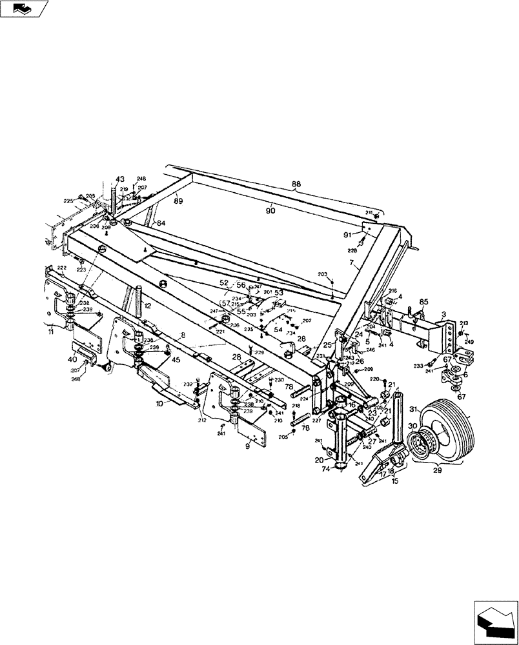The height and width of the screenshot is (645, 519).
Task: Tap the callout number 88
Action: point(296,184)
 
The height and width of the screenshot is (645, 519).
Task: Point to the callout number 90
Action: point(271,209)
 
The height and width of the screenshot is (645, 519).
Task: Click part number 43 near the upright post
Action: point(120,179)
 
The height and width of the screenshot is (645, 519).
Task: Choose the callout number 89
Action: point(178,201)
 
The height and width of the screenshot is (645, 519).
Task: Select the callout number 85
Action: point(423,301)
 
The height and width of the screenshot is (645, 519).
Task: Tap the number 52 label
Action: point(224,283)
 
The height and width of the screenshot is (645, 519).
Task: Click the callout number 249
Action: point(469,342)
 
